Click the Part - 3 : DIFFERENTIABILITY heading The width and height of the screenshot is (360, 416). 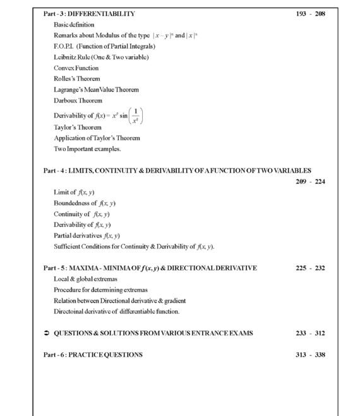pos(89,13)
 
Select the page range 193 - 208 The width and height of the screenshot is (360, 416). pos(310,13)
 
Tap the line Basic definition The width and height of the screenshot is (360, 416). pos(78,24)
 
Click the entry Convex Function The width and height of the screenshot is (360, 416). pos(76,68)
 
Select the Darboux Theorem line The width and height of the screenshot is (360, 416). pos(78,101)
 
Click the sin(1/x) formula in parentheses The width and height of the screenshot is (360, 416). pos(133,116)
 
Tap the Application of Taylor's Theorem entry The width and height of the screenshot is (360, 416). pos(97,138)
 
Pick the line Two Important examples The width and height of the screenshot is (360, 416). pos(87,149)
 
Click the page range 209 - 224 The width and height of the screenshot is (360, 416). pos(310,182)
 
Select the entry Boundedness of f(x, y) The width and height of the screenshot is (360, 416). pos(85,203)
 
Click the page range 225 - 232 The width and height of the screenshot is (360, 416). pos(310,268)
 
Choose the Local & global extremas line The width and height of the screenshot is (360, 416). pos(85,279)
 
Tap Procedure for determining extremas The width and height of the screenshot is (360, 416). pos(100,290)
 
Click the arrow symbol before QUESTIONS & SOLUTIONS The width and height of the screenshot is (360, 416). pos(47,333)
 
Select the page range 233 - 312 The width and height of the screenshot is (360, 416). pos(310,333)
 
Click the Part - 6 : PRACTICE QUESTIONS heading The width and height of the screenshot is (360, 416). pos(93,355)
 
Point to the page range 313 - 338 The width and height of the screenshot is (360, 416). pos(310,355)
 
